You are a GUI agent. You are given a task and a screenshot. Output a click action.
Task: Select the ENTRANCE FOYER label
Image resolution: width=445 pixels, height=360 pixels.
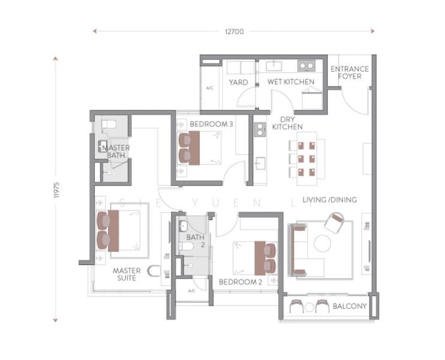(x=350, y=73)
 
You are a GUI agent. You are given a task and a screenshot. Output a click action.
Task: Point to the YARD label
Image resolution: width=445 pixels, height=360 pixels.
(x=238, y=82)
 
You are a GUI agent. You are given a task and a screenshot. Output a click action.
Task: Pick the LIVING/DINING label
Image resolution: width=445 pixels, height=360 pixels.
(x=329, y=199)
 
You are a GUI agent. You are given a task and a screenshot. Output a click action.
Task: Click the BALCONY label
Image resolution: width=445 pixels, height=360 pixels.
(x=349, y=307)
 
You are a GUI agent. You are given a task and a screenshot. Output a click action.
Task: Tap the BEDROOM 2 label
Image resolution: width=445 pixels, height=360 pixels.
(x=240, y=281)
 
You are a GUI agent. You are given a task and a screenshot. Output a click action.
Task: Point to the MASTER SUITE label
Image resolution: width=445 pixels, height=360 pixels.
(x=127, y=274)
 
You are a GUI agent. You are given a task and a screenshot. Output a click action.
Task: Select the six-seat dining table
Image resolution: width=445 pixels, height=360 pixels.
(x=306, y=158)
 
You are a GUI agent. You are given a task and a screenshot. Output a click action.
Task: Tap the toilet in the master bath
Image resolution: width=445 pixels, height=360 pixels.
(x=107, y=125)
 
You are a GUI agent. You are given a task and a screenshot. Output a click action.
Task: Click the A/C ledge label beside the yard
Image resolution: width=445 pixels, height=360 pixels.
(x=209, y=88)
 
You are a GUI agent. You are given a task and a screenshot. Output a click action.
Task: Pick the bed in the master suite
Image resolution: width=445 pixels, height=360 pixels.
(x=120, y=231)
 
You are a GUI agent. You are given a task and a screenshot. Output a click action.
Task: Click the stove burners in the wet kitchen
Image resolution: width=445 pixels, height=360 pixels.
(x=306, y=67)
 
